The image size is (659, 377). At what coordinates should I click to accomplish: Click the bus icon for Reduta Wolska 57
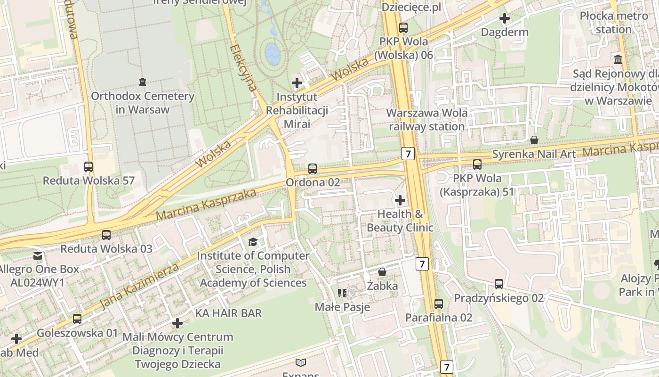click(x=88, y=166)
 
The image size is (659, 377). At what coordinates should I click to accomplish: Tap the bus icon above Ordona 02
click(x=313, y=168)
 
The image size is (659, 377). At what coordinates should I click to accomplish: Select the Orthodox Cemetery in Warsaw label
click(x=142, y=103)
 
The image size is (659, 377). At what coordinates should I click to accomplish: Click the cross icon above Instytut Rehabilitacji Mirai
click(x=297, y=83)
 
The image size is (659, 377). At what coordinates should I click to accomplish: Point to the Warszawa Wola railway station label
click(x=427, y=120)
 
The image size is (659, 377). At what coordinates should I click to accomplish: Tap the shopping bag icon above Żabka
click(x=382, y=272)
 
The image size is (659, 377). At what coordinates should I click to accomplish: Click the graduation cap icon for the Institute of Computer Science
click(x=253, y=242)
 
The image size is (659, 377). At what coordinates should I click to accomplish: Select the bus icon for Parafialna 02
click(x=439, y=304)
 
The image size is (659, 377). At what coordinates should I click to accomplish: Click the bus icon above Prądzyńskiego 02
click(x=499, y=284)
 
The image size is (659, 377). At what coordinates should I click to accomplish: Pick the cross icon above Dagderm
click(x=505, y=19)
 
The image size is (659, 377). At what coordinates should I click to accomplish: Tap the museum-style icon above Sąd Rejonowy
click(x=618, y=60)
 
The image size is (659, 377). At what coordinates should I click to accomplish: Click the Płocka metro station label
click(x=613, y=23)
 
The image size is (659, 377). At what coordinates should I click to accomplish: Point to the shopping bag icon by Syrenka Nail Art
click(x=534, y=140)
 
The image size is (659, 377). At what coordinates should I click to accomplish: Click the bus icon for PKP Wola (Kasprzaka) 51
click(x=477, y=164)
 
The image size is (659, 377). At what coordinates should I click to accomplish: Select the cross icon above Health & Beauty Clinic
click(x=400, y=200)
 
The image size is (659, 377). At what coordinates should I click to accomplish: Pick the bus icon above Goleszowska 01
click(x=77, y=319)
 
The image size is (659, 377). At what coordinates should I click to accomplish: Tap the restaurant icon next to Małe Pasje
click(x=342, y=293)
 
